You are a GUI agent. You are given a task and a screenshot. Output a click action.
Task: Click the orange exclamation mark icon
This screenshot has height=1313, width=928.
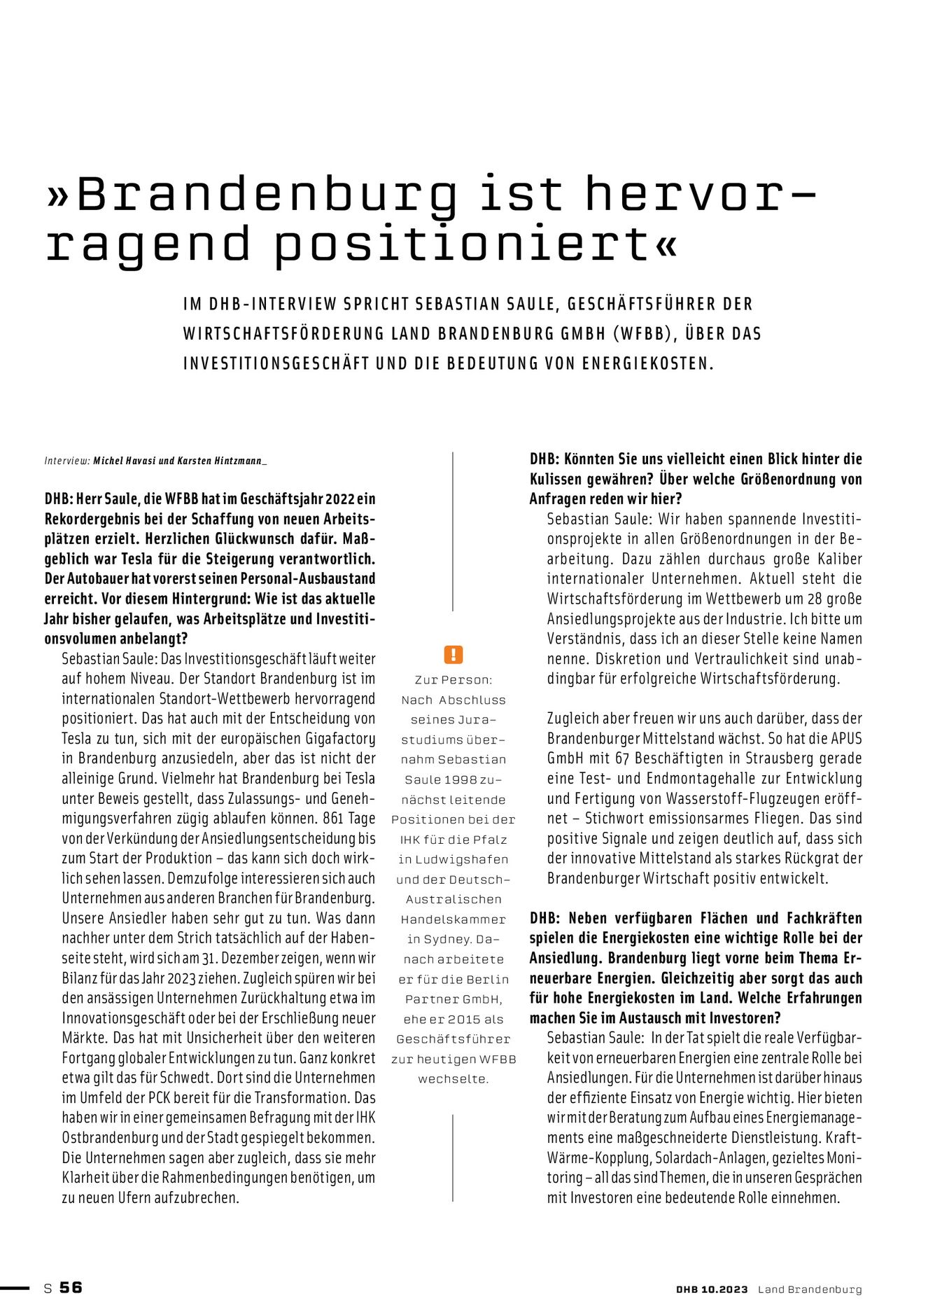[x=454, y=655]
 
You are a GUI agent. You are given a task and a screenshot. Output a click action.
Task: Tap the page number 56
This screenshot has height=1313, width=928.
[x=71, y=1287]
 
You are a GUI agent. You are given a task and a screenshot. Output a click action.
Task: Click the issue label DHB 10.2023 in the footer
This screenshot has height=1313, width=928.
[x=712, y=1289]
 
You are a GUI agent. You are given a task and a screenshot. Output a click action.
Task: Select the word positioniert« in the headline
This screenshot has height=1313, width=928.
[x=477, y=245]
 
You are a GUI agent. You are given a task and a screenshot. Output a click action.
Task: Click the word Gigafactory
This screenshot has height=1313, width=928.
[x=341, y=739]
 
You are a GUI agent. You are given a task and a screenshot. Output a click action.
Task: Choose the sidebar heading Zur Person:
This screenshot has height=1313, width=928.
[x=454, y=679]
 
